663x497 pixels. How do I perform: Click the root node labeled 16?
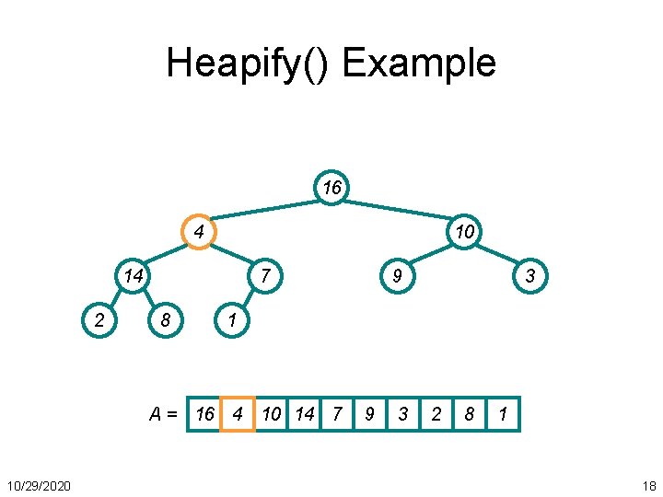(331, 188)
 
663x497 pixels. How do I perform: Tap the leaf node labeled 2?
(99, 320)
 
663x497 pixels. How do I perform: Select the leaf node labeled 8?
(165, 320)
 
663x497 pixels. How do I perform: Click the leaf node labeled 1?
(231, 320)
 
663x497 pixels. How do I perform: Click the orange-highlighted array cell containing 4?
(238, 415)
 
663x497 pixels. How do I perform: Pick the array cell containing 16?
(204, 415)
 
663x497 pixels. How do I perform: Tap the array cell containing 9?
(369, 415)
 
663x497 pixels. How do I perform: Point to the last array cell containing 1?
(503, 415)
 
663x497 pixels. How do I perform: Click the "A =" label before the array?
(164, 415)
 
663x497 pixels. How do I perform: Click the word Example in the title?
(419, 64)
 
